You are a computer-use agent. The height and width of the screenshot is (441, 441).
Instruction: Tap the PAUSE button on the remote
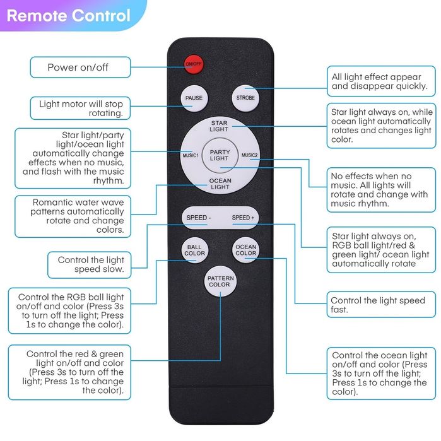pos(194,98)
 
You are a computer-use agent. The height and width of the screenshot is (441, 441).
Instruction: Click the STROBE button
pos(245,98)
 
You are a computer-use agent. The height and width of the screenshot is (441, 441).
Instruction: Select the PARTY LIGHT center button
pos(220,155)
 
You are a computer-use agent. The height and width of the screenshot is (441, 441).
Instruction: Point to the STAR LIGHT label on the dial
pos(219,126)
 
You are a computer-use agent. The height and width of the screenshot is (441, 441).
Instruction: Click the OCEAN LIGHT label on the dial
pos(220,184)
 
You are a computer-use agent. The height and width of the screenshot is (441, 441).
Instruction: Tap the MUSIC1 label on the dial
pos(191,156)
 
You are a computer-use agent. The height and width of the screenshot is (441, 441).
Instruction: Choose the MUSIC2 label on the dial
pos(249,155)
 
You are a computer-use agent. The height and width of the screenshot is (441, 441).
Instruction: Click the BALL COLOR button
pos(194,250)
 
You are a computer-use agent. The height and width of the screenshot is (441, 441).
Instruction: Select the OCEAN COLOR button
pos(246,250)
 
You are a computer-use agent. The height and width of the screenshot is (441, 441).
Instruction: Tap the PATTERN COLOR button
pos(221,281)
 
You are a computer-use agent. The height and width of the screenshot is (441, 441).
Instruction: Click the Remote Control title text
pos(69,16)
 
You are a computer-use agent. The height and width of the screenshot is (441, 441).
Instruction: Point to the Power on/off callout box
pos(80,68)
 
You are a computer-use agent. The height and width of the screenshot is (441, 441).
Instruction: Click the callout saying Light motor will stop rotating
pos(80,109)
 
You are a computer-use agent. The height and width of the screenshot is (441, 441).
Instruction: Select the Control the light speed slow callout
pos(90,264)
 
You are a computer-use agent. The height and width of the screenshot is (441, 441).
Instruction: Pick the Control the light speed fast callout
pos(381,305)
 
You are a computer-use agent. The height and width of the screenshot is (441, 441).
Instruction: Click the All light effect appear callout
pos(381,81)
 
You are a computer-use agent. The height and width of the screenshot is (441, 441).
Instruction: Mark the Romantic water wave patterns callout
pos(73,216)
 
